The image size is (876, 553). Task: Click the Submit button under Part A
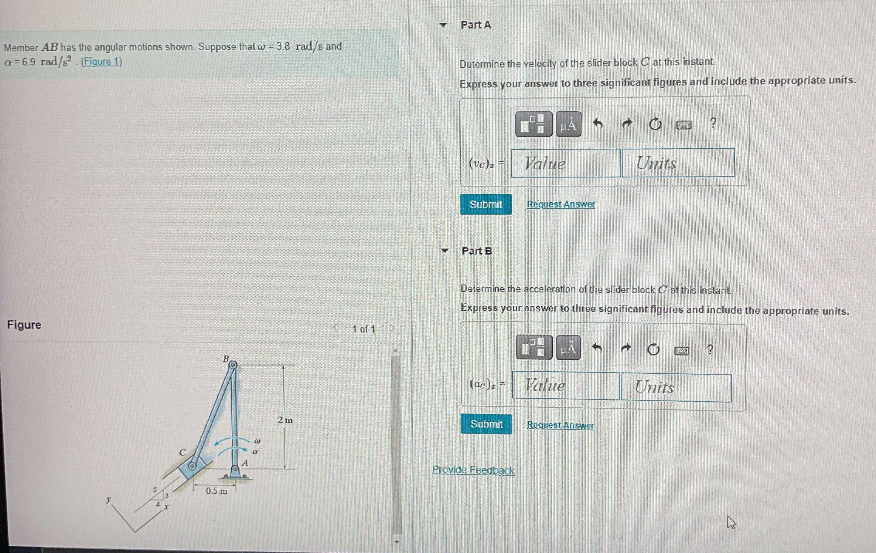pos(485,204)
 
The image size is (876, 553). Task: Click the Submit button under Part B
pos(486,424)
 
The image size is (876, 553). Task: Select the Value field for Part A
pos(565,163)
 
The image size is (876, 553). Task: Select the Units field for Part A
pos(678,163)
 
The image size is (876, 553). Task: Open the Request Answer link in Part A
pos(561,204)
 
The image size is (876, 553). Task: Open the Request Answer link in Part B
pos(560,425)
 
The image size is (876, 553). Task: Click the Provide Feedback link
pos(473,470)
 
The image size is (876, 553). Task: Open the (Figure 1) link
pos(101,62)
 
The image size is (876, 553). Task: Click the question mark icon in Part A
pos(713,123)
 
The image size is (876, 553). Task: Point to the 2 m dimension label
pos(285,420)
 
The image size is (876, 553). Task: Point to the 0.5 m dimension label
pos(216,491)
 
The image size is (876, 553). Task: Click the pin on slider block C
pos(193,466)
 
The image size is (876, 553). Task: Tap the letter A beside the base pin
pos(245,463)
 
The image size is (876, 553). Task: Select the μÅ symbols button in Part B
pos(568,348)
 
